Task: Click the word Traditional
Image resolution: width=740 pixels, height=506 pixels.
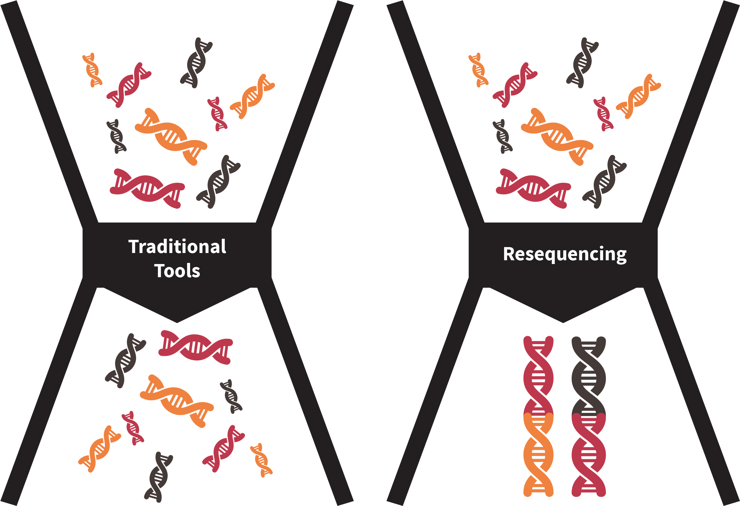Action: (x=177, y=247)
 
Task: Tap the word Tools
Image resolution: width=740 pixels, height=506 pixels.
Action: (x=177, y=271)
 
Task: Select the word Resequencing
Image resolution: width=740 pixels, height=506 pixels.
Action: (x=565, y=254)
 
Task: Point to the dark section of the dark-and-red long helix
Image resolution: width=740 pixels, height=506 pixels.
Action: (x=588, y=376)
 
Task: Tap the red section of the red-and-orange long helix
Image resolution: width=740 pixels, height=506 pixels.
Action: (x=538, y=376)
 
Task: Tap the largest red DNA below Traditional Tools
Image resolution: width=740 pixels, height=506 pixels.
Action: (x=195, y=347)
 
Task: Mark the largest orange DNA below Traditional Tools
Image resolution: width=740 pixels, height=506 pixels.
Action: (x=177, y=401)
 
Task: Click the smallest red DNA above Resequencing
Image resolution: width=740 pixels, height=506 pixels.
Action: (x=603, y=114)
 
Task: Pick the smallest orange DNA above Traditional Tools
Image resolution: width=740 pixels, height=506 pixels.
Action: (x=92, y=70)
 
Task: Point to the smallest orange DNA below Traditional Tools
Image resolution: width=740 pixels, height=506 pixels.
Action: (x=261, y=460)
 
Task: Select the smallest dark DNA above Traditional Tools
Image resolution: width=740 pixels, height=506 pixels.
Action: (x=116, y=136)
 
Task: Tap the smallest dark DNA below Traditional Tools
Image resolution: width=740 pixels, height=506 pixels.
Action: (x=231, y=397)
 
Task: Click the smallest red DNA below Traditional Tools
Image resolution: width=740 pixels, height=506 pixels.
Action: (x=133, y=428)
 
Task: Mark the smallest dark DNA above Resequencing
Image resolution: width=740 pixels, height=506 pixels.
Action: (x=503, y=136)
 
